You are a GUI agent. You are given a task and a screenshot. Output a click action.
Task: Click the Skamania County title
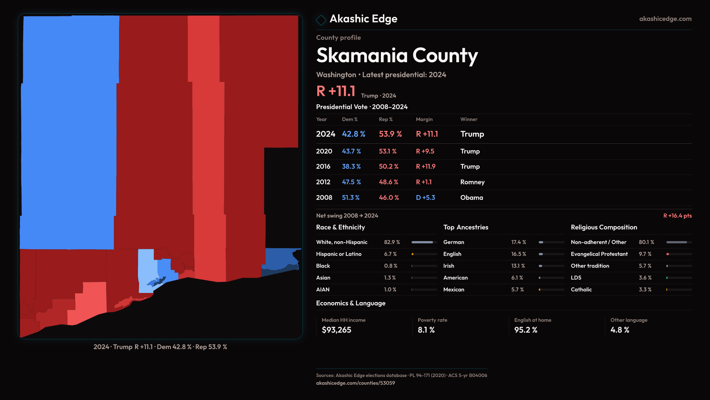point(397,56)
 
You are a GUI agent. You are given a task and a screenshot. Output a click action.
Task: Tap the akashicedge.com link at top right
point(665,19)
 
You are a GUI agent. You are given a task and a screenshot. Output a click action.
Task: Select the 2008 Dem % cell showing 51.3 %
point(351,198)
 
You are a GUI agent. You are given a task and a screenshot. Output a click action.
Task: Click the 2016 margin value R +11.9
point(426,167)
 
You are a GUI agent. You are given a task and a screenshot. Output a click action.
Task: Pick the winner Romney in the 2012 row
point(472,182)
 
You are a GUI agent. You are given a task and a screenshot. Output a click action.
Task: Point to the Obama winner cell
point(471,198)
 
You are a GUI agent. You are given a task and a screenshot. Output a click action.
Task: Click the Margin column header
point(424,119)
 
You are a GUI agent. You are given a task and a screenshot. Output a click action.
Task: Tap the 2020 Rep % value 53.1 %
point(388,151)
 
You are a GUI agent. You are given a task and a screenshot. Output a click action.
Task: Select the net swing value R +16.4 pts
point(677,216)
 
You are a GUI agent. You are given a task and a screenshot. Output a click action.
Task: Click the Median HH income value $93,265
point(337,330)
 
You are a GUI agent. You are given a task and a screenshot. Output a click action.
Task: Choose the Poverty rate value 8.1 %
point(426,330)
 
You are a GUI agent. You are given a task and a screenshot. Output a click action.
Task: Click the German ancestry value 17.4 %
point(518,242)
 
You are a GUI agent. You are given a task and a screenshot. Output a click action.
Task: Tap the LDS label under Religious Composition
point(576,278)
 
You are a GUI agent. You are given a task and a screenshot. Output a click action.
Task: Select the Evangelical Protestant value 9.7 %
point(645,254)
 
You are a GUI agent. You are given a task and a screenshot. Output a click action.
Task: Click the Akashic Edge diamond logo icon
point(321,20)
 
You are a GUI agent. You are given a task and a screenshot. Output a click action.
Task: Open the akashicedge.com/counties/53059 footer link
point(355,383)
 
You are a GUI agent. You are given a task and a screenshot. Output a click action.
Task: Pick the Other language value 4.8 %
point(620,330)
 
